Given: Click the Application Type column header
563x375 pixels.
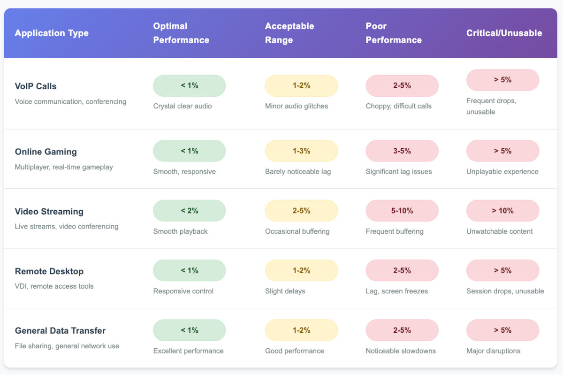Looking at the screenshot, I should pyautogui.click(x=52, y=33).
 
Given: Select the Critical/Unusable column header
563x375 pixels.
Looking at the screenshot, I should pyautogui.click(x=504, y=33).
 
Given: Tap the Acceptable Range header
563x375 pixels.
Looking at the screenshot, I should pyautogui.click(x=289, y=33).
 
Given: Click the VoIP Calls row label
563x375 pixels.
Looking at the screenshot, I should pyautogui.click(x=36, y=86).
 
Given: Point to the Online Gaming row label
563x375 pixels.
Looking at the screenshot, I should pyautogui.click(x=46, y=152).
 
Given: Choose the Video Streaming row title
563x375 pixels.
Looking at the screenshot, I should pyautogui.click(x=49, y=212).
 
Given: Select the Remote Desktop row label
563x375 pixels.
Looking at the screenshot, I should pyautogui.click(x=49, y=271).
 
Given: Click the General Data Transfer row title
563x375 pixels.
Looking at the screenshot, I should pyautogui.click(x=60, y=331).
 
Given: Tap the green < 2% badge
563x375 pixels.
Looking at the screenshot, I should pyautogui.click(x=189, y=211).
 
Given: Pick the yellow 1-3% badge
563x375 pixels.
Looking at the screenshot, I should pyautogui.click(x=301, y=151).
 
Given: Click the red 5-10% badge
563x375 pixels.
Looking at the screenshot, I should pyautogui.click(x=402, y=211).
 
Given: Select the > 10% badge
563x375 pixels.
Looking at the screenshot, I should pyautogui.click(x=502, y=211).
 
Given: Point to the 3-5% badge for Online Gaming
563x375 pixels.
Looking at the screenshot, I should pyautogui.click(x=402, y=151).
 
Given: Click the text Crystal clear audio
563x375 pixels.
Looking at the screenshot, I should pyautogui.click(x=183, y=106).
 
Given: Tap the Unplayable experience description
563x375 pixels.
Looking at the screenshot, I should pyautogui.click(x=502, y=172).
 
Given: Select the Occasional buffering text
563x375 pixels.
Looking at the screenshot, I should pyautogui.click(x=297, y=231).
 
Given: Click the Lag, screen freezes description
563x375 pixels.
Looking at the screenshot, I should pyautogui.click(x=396, y=291).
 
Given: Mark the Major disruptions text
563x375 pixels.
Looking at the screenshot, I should pyautogui.click(x=493, y=351).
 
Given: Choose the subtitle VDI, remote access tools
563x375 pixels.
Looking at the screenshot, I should pyautogui.click(x=54, y=286).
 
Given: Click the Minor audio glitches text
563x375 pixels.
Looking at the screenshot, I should pyautogui.click(x=297, y=106).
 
